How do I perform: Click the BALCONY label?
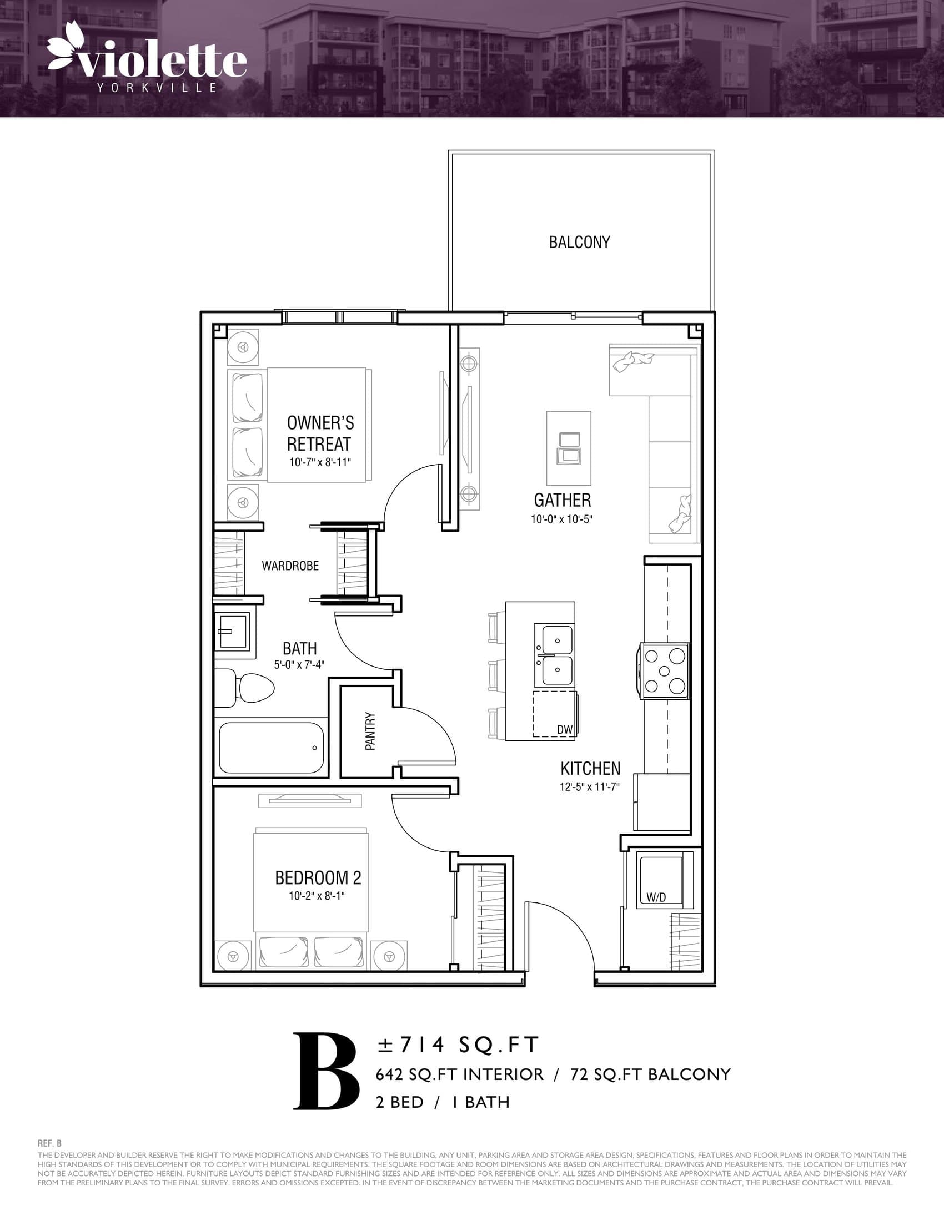(579, 242)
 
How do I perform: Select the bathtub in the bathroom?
(271, 748)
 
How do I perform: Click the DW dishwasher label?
(564, 729)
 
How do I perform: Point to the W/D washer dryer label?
(656, 897)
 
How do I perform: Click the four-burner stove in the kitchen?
(664, 670)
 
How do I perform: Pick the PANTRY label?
(370, 731)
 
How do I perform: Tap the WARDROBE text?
(290, 566)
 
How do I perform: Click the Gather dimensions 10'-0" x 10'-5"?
(561, 519)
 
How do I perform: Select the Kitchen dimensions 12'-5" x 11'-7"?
(589, 786)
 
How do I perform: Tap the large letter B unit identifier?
(325, 1072)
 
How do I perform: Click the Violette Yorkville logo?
(147, 59)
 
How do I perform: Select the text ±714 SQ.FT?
(458, 1045)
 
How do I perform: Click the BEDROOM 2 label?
(318, 878)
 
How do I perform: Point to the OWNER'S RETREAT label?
(320, 433)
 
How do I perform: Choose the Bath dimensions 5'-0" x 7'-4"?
(299, 665)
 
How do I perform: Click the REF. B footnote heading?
(50, 1144)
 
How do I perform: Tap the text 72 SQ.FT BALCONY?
(650, 1074)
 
